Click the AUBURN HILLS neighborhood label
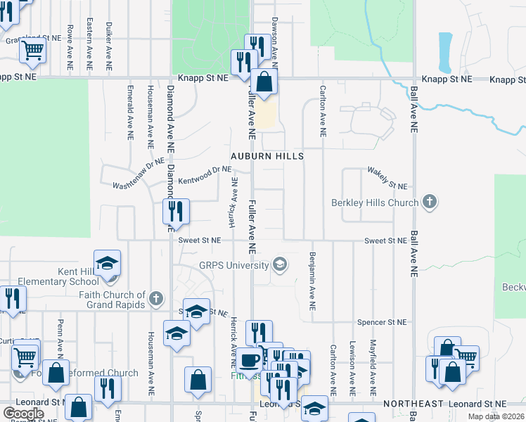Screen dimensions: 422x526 coord(267,155)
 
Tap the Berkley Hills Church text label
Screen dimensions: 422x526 coord(375,203)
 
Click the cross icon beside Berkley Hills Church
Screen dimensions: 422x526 coord(429,203)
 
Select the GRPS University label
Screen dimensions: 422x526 coord(234,265)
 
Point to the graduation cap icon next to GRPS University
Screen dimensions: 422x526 coord(280,264)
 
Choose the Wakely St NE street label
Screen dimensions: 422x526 coord(387,178)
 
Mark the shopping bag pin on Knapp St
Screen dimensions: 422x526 coord(264,82)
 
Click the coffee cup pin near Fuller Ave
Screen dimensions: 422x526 coord(248,361)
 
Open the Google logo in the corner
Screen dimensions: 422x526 coord(23,413)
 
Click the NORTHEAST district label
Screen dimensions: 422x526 coord(413,404)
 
